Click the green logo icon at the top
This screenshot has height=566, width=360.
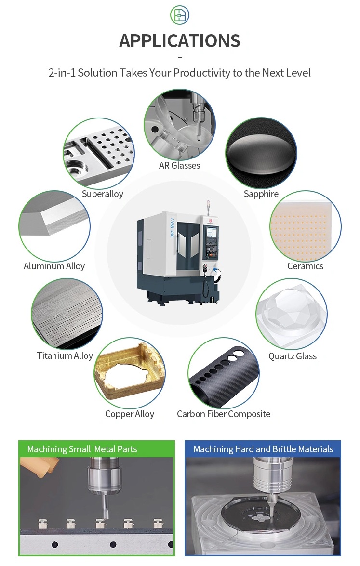[x=180, y=15]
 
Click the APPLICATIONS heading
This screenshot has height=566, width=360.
[x=180, y=41]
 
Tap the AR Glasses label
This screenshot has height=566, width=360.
[x=179, y=165]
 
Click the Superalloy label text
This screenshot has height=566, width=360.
[x=102, y=194]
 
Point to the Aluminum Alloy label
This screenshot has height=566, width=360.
[x=54, y=266]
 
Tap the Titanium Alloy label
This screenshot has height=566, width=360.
[x=65, y=356]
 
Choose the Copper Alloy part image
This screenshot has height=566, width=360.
[x=129, y=374]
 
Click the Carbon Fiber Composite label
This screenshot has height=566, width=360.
[x=224, y=414]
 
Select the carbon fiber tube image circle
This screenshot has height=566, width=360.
[x=223, y=374]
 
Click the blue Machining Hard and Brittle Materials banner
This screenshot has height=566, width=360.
[x=263, y=449]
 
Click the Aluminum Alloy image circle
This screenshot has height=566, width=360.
[x=54, y=226]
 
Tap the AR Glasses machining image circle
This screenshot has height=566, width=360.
[x=179, y=124]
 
